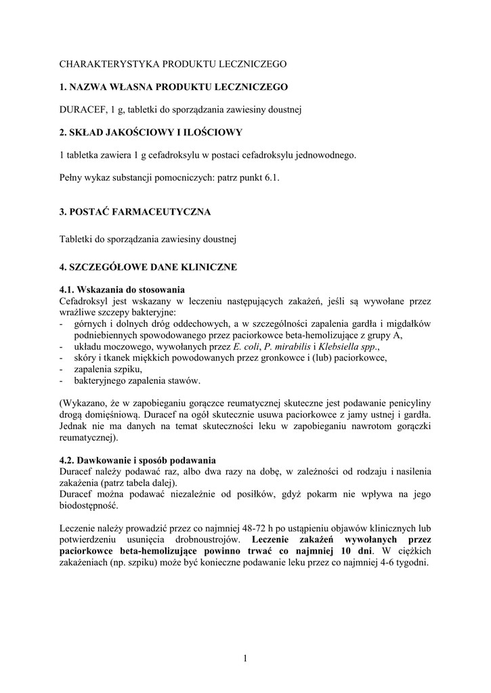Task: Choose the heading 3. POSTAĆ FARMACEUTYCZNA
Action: click(x=135, y=212)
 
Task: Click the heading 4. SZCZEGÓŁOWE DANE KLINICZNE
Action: click(x=148, y=267)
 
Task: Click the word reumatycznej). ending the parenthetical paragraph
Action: click(x=83, y=437)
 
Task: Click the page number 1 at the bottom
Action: click(x=245, y=660)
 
